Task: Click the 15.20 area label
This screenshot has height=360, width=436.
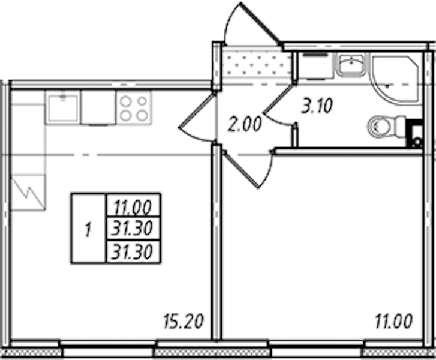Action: click(184, 321)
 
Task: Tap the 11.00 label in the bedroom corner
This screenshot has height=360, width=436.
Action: click(393, 321)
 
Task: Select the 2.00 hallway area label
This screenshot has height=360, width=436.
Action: click(245, 124)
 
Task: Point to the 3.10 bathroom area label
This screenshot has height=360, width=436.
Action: click(317, 106)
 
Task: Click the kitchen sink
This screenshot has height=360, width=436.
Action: click(63, 107)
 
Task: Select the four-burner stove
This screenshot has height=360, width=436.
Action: click(134, 107)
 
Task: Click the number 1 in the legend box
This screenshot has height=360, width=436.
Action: click(88, 230)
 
